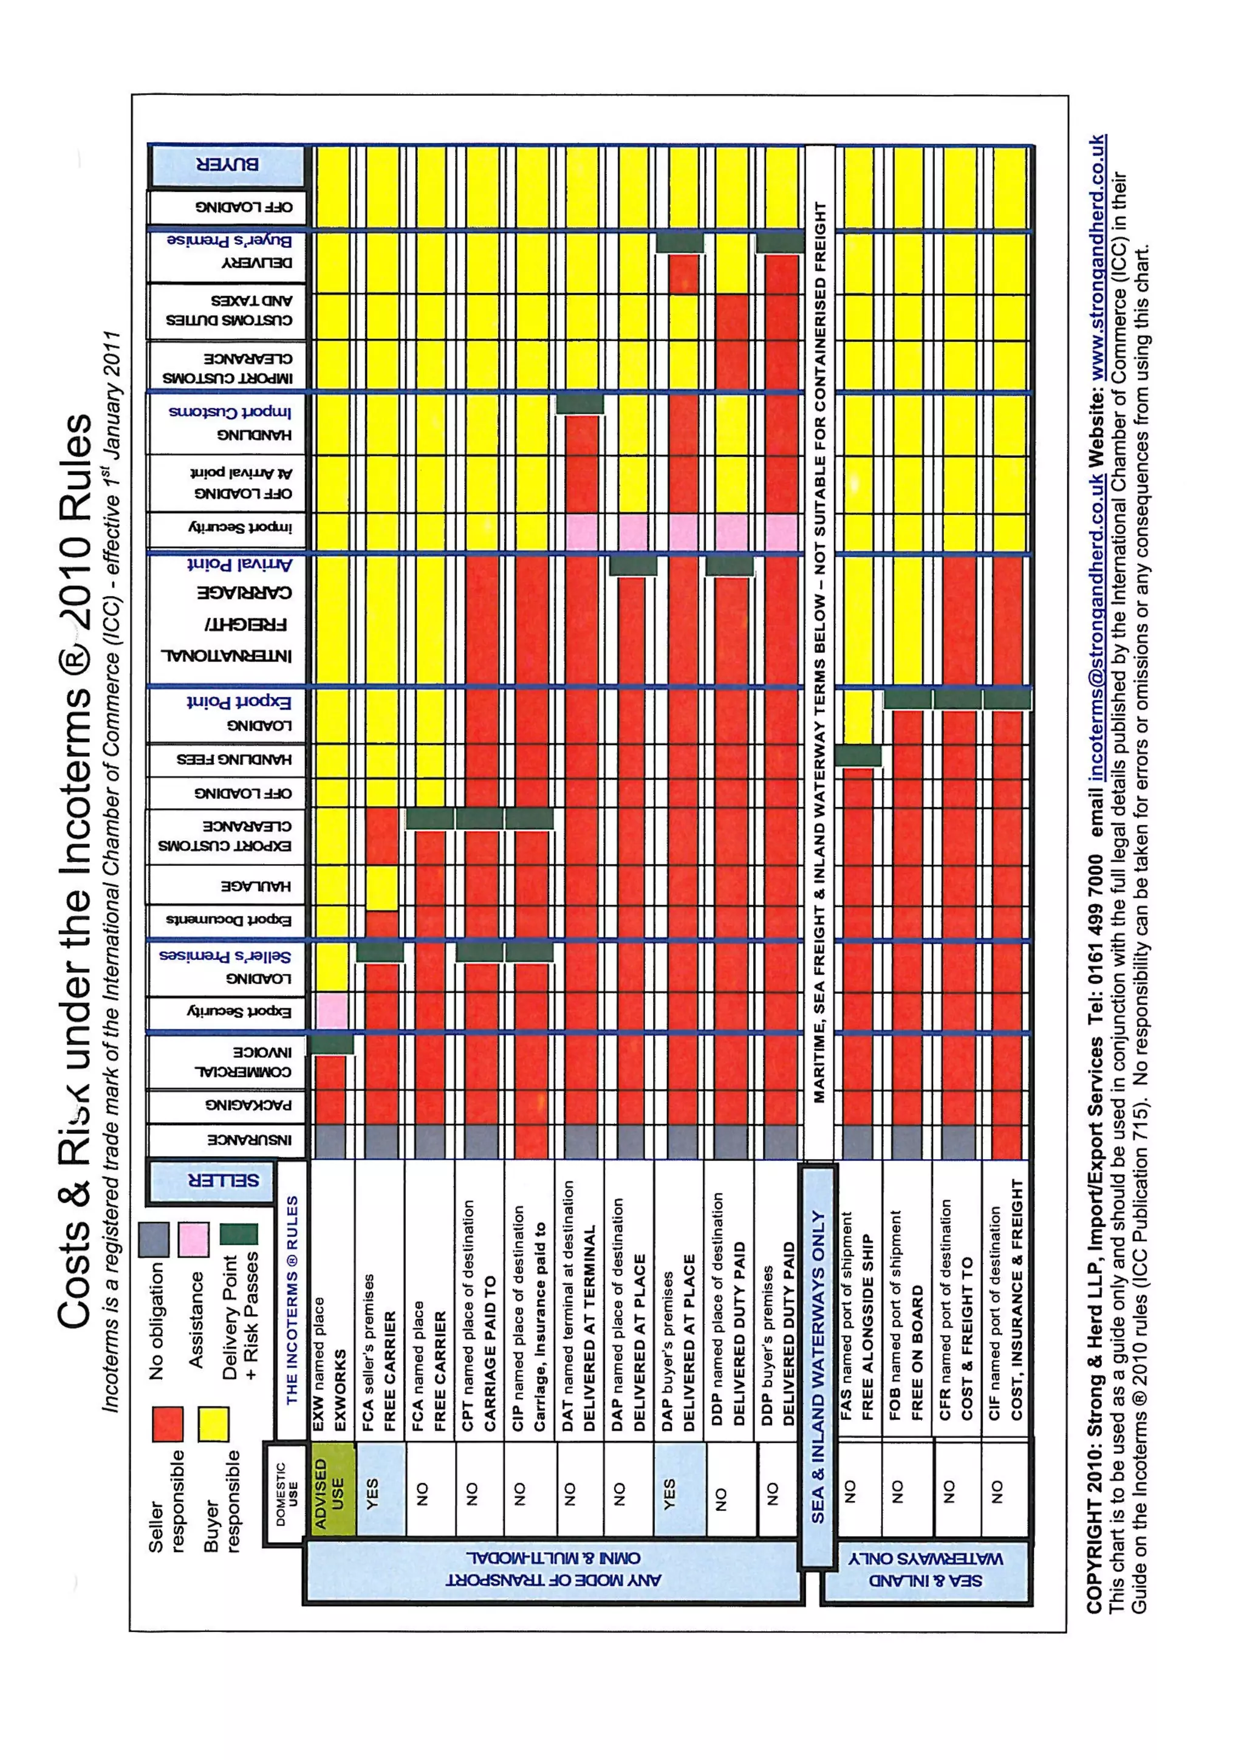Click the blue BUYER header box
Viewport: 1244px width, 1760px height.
coord(228,165)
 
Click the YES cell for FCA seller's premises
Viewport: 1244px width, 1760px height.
coord(380,1490)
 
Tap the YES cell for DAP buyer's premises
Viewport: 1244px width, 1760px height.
coord(678,1490)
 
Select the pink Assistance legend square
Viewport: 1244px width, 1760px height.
coord(193,1239)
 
